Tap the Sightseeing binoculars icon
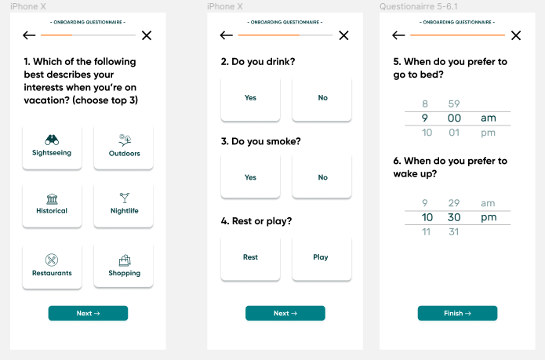click(x=52, y=140)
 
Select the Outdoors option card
click(x=123, y=147)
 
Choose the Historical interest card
click(x=52, y=205)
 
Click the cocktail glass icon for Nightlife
click(x=125, y=198)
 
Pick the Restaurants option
click(x=52, y=266)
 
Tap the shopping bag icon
click(x=125, y=260)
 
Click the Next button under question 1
click(x=88, y=313)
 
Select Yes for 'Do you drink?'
click(x=250, y=99)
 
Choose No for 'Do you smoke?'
click(x=322, y=176)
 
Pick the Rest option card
click(x=250, y=258)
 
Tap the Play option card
click(x=322, y=258)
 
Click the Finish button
click(x=457, y=313)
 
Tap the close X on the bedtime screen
click(x=516, y=35)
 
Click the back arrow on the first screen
click(x=29, y=35)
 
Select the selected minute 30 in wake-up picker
click(x=454, y=217)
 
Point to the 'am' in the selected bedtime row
click(x=489, y=118)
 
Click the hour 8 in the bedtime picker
click(x=425, y=104)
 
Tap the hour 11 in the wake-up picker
click(x=426, y=232)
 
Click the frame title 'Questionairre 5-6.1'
click(x=419, y=6)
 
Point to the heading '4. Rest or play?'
click(x=256, y=221)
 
